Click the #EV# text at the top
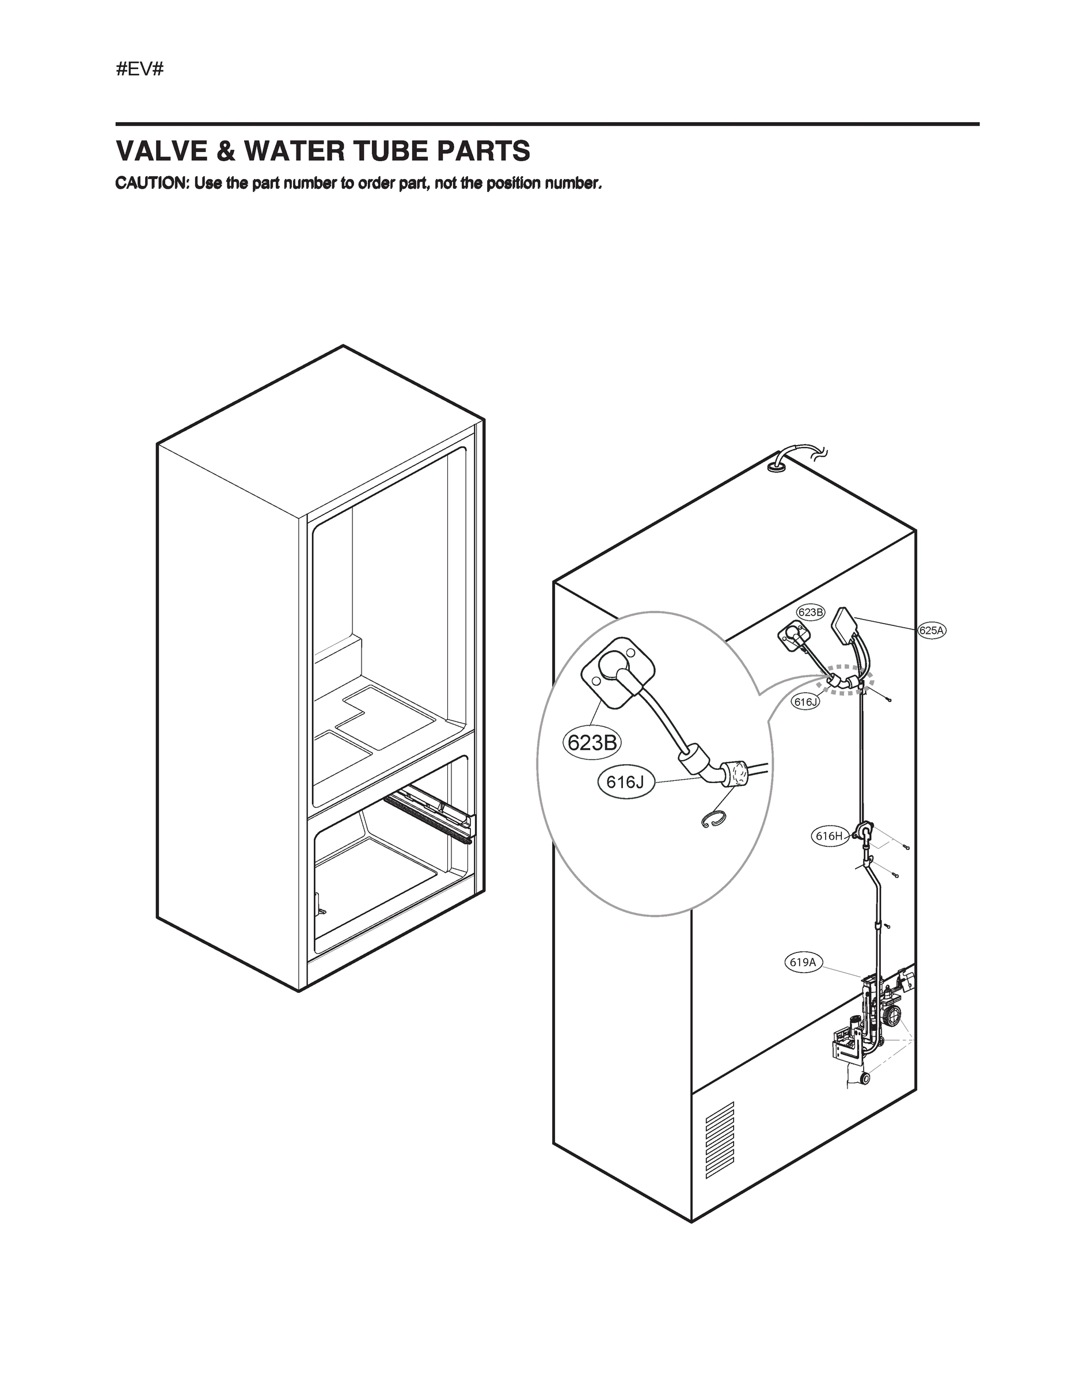coord(140,69)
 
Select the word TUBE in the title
coord(392,151)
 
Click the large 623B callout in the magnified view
coord(592,742)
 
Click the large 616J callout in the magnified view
coord(625,782)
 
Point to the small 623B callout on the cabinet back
coord(811,612)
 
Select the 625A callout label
coord(932,631)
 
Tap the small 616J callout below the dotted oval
coord(806,702)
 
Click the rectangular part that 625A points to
coord(843,627)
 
